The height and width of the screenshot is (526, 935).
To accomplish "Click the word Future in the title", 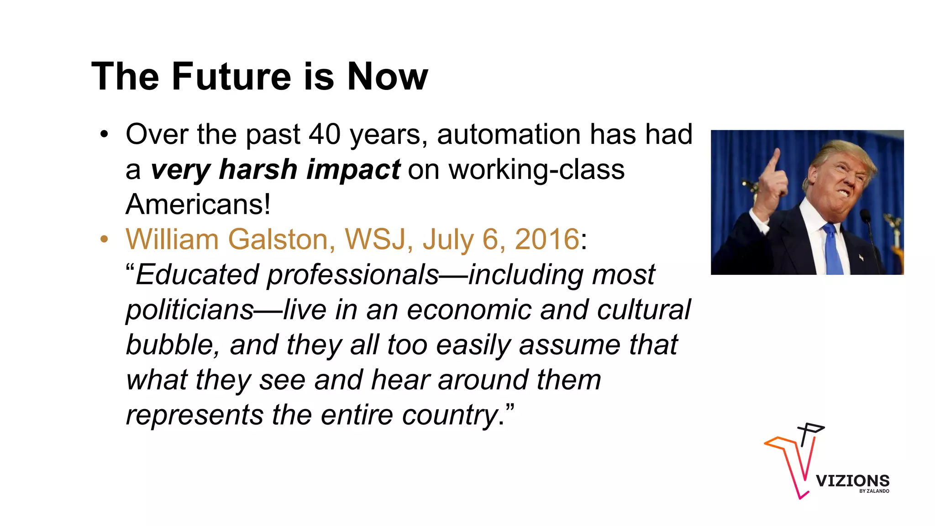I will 231,76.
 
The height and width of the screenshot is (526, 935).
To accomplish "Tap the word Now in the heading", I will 387,76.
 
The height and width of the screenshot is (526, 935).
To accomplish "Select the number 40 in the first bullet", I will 325,135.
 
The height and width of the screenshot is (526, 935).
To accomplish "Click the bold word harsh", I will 258,169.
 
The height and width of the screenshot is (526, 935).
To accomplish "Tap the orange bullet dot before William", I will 105,239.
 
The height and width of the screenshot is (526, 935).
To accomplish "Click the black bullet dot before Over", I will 105,135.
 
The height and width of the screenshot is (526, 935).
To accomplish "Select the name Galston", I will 281,239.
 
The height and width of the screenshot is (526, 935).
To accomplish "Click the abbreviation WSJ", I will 375,239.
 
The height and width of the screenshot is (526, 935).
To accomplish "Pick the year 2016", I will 547,239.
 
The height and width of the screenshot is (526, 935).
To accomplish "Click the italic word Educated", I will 197,275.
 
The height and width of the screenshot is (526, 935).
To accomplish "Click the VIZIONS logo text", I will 852,481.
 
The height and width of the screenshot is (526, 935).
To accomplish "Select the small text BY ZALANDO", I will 874,491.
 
